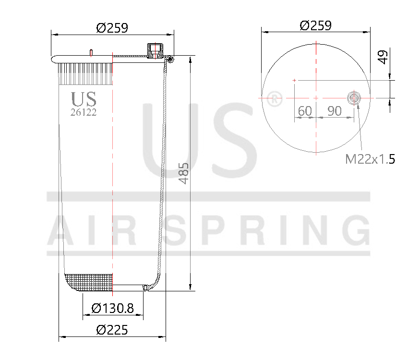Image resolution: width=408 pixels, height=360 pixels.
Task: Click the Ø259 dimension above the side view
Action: [x=112, y=28]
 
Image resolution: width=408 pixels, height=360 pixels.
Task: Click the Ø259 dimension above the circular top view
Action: [x=315, y=25]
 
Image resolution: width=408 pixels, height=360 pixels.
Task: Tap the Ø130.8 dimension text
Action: [x=112, y=308]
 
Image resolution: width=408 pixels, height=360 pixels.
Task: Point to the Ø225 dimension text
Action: [x=112, y=330]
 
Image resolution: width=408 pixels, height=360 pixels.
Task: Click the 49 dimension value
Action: [x=383, y=57]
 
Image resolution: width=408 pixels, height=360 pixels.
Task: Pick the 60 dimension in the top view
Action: [x=305, y=111]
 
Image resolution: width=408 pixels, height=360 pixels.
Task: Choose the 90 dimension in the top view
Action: [x=335, y=111]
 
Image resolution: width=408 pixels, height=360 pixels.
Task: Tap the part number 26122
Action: [x=84, y=112]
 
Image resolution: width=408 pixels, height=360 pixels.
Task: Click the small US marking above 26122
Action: [x=84, y=99]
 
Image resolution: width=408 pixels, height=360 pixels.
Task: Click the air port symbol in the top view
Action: [x=354, y=98]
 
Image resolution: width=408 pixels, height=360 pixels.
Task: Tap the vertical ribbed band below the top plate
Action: [x=85, y=74]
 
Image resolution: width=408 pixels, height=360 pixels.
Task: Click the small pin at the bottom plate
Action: [x=144, y=288]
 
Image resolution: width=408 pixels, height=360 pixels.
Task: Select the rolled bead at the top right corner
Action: [x=170, y=59]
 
